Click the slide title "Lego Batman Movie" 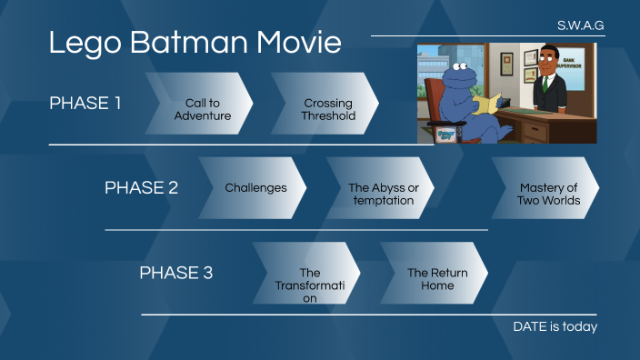195,43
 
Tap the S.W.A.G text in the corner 580,25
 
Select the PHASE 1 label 85,103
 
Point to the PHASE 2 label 141,187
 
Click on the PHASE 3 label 175,272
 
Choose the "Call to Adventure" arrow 202,110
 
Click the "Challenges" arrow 255,188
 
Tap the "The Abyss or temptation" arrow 383,194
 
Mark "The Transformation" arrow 309,285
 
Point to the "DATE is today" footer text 555,326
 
